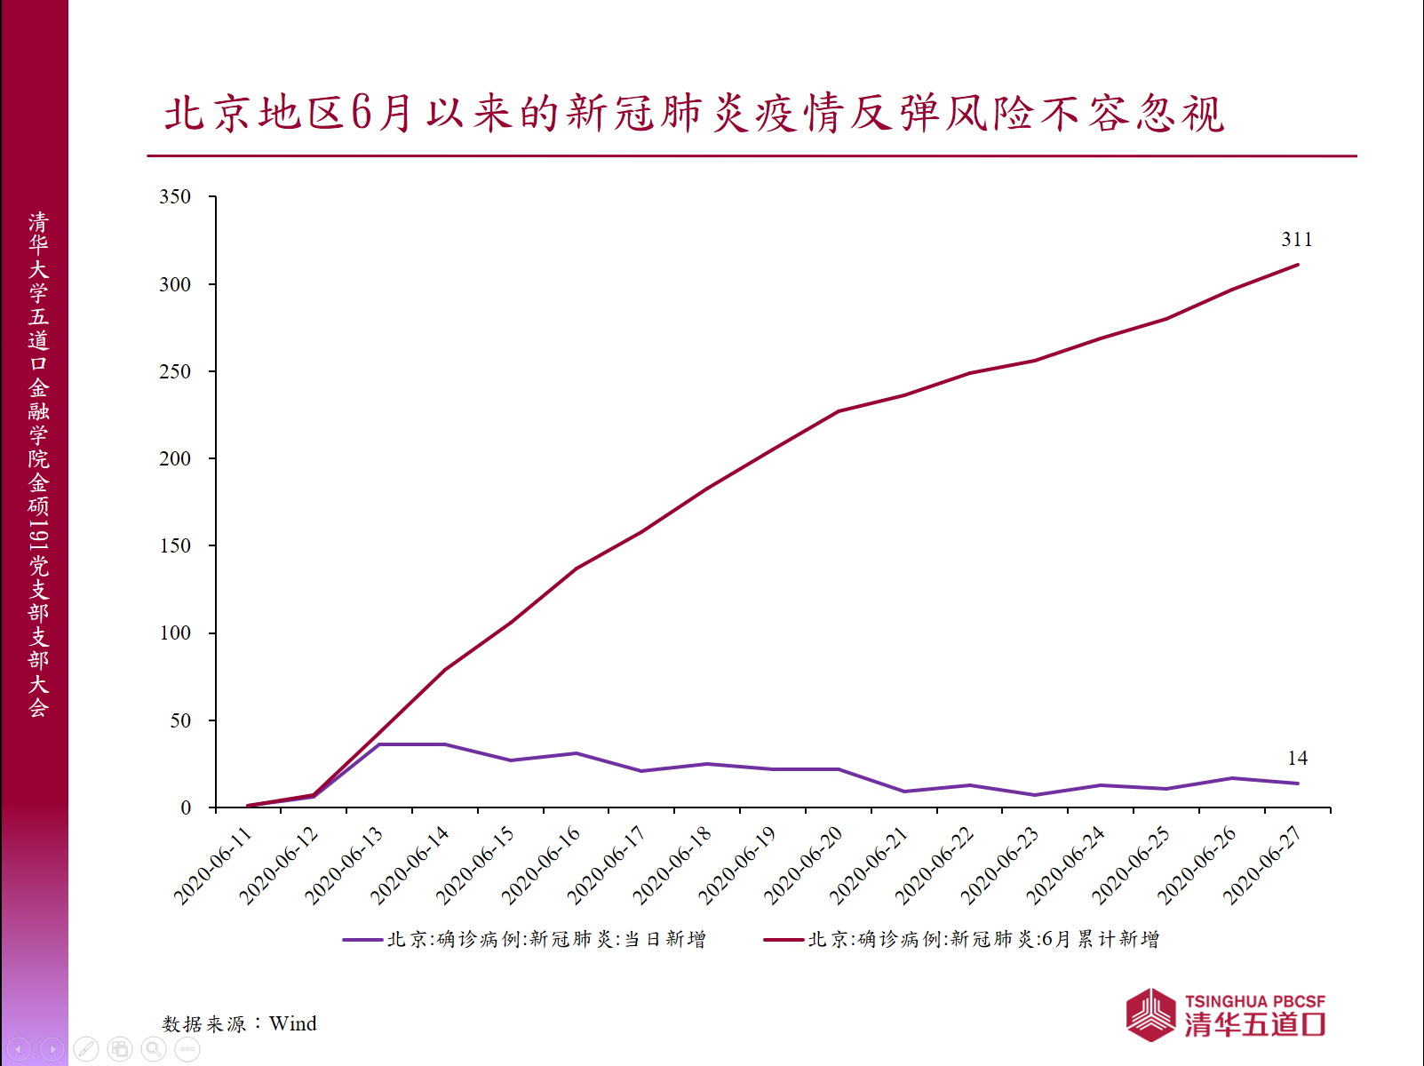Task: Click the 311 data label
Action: pos(1296,239)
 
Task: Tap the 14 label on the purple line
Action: pos(1297,758)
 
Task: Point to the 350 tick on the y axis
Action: pos(175,196)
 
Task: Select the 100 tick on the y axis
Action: pos(175,632)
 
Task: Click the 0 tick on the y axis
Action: pos(186,807)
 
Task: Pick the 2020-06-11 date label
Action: pos(213,865)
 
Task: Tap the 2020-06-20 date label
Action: pos(803,865)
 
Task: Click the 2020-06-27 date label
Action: pos(1262,865)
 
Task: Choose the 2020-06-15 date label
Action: pos(475,865)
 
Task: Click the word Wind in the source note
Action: pos(292,1023)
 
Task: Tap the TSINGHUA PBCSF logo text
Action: pos(1254,1001)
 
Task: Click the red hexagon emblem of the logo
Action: pos(1151,1014)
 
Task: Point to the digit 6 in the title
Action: pos(361,113)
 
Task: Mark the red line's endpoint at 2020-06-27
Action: pos(1298,265)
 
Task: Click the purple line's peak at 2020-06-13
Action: pos(379,744)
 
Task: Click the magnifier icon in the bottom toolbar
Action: pos(154,1049)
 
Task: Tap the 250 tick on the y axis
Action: pos(175,371)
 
